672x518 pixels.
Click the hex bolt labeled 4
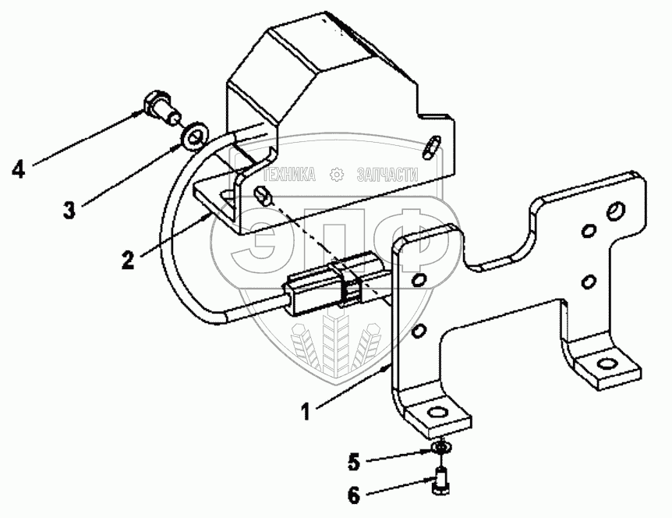point(158,107)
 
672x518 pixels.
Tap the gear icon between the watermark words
point(337,174)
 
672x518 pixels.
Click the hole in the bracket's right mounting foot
point(606,364)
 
